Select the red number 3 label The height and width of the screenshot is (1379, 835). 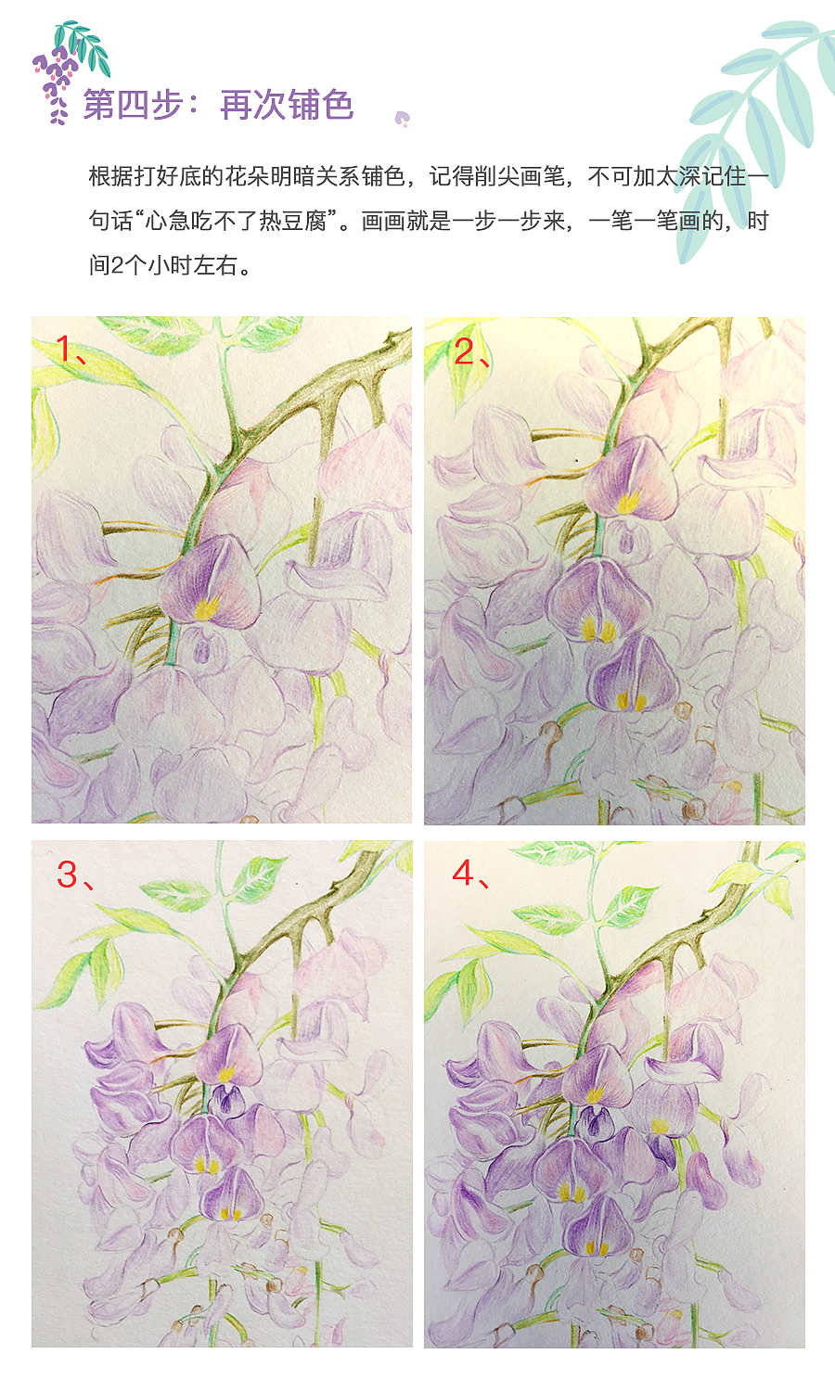point(67,874)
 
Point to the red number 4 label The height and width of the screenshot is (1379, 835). point(463,873)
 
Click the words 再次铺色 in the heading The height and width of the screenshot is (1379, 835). point(287,105)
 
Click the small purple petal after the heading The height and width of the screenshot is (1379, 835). point(402,118)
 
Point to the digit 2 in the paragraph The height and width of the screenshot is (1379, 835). point(118,265)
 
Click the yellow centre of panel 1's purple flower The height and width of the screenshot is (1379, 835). point(206,607)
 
